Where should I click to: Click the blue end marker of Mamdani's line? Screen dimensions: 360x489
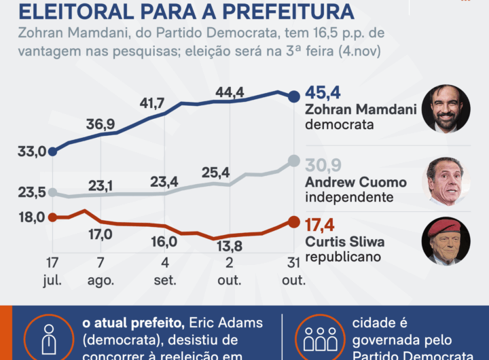(x=293, y=96)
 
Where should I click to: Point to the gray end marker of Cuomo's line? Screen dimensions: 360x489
(x=293, y=160)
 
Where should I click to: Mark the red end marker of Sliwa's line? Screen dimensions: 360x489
(x=293, y=221)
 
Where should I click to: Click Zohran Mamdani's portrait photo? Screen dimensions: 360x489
(x=446, y=109)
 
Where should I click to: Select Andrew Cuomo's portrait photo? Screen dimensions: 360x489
(x=446, y=181)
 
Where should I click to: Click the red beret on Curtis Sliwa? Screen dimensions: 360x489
(x=445, y=228)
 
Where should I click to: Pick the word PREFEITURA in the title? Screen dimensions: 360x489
(x=280, y=11)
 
